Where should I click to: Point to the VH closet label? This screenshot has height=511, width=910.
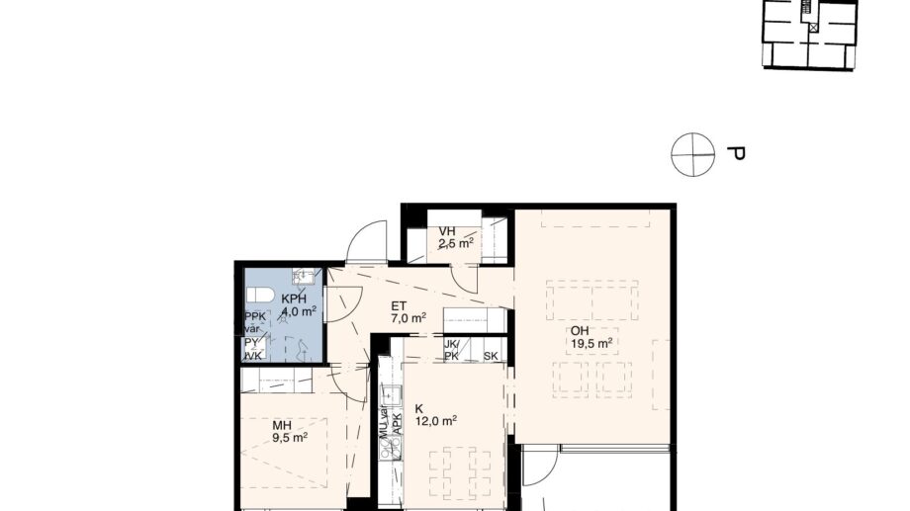pyautogui.click(x=447, y=231)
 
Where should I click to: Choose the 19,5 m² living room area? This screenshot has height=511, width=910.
pyautogui.click(x=591, y=343)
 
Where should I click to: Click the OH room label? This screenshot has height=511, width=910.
pyautogui.click(x=577, y=330)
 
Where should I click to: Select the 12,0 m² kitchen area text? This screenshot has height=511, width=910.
pyautogui.click(x=436, y=420)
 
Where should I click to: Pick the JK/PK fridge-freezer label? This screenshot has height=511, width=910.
pyautogui.click(x=451, y=350)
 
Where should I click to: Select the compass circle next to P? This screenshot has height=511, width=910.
pyautogui.click(x=692, y=154)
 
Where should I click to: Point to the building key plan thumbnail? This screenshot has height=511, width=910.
pyautogui.click(x=809, y=34)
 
